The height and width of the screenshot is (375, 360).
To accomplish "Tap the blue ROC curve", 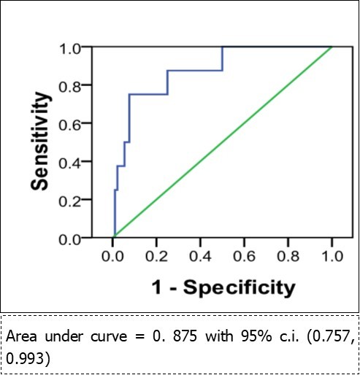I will point(148,94).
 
